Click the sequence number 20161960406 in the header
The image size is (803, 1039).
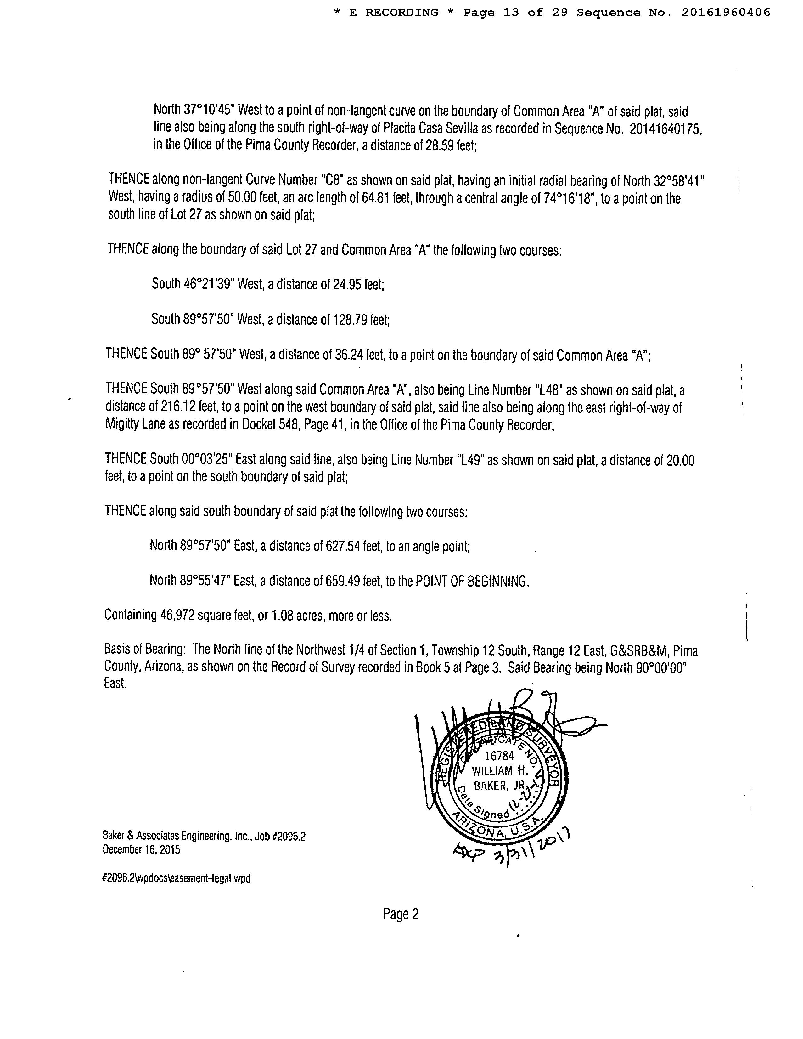(x=726, y=13)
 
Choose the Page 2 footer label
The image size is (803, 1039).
(x=400, y=914)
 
